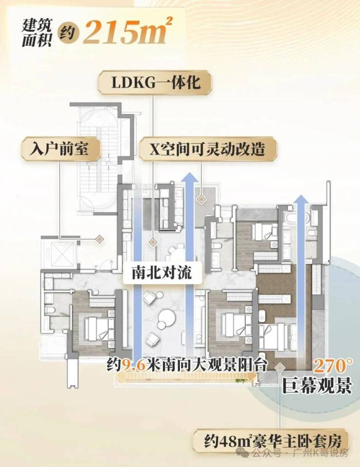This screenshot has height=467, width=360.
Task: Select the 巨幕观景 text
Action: [317, 387]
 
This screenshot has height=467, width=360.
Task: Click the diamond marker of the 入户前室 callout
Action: [99, 239]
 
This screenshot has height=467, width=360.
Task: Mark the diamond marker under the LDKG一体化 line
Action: [153, 241]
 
